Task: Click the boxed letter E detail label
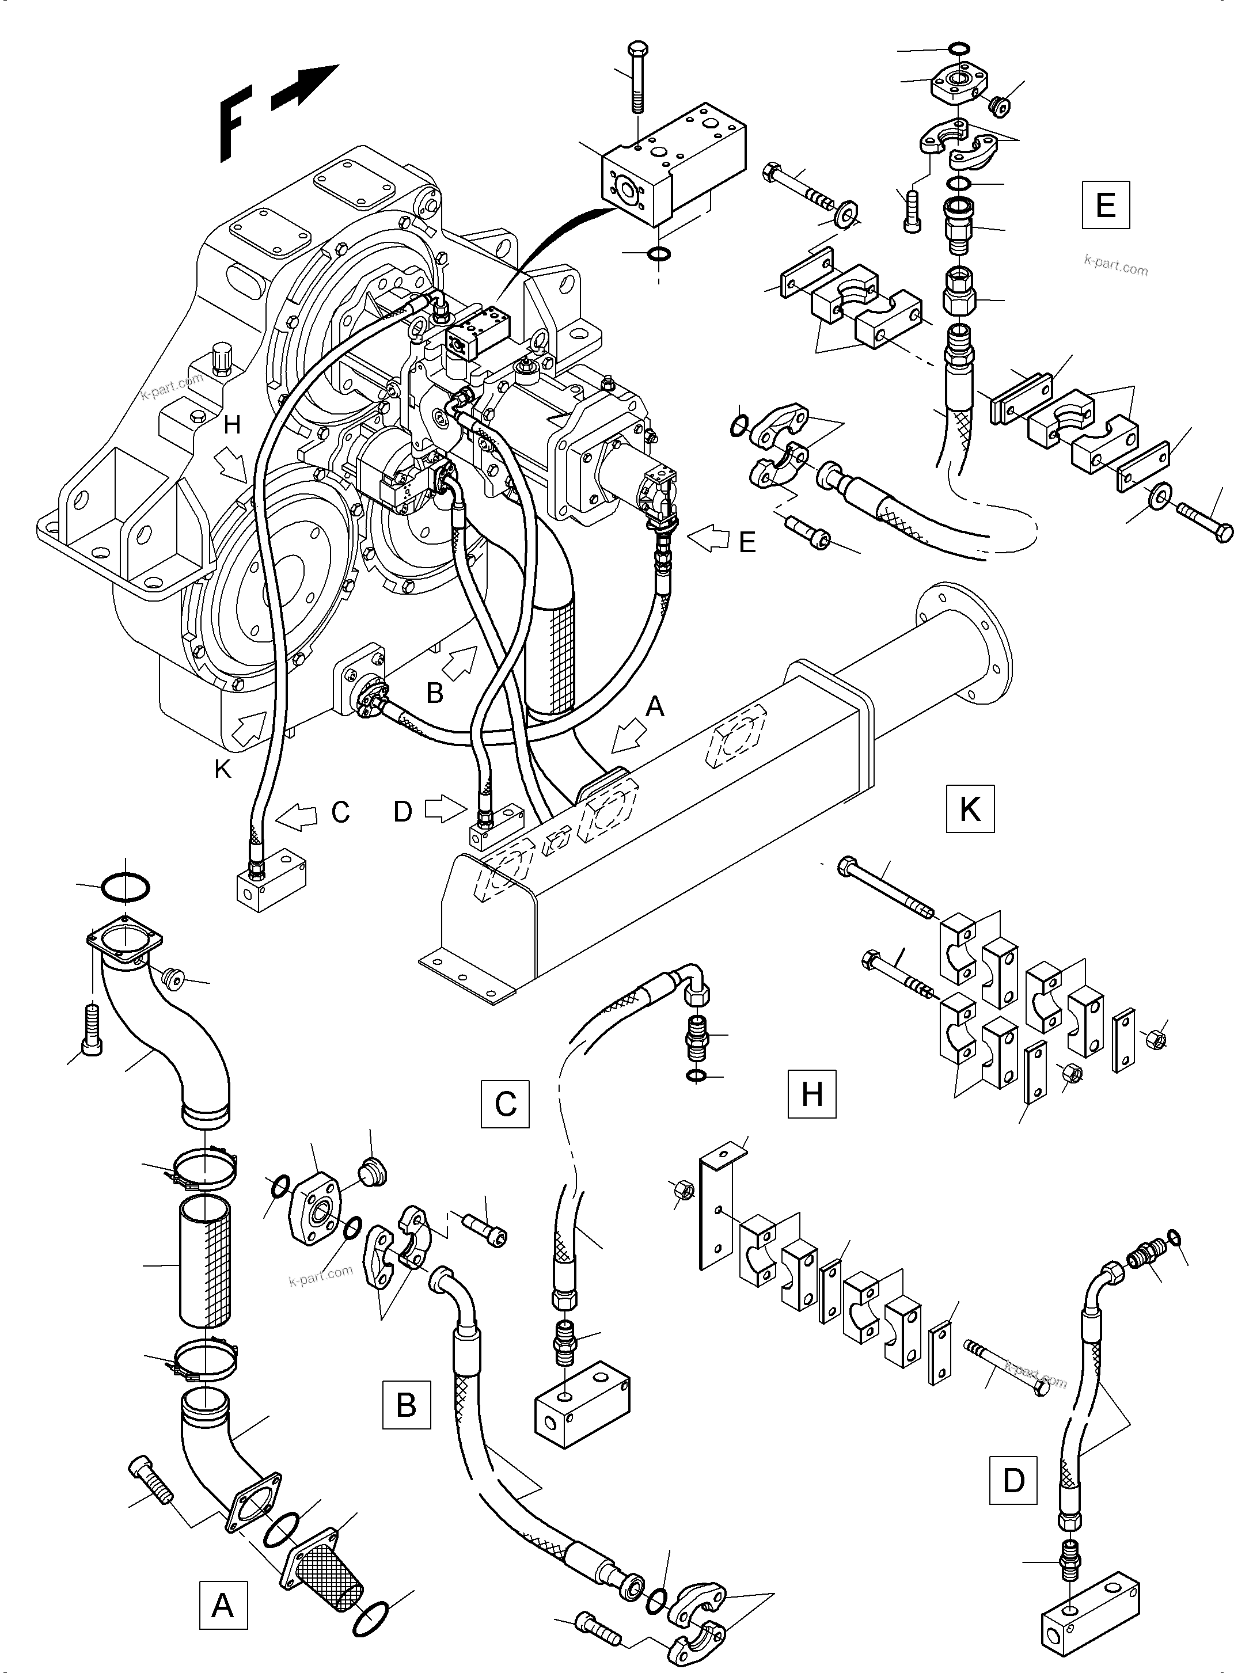click(x=1106, y=204)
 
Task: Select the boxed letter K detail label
click(x=970, y=808)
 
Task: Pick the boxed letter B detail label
click(x=407, y=1405)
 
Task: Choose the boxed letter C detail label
click(x=506, y=1103)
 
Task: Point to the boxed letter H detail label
click(x=812, y=1094)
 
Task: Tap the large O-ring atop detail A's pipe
click(x=125, y=887)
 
